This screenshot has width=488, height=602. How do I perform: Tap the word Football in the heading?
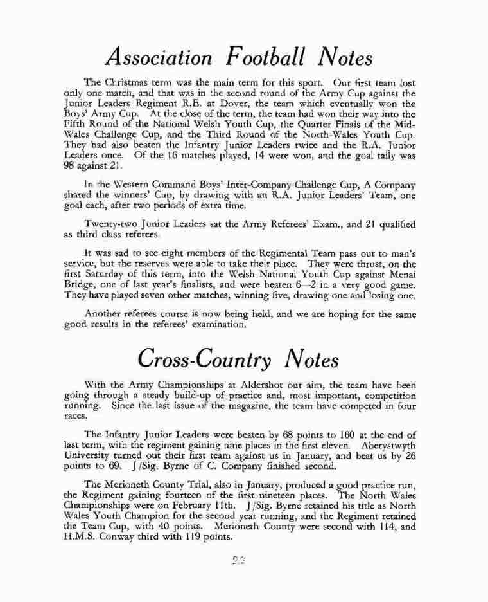point(273,58)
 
